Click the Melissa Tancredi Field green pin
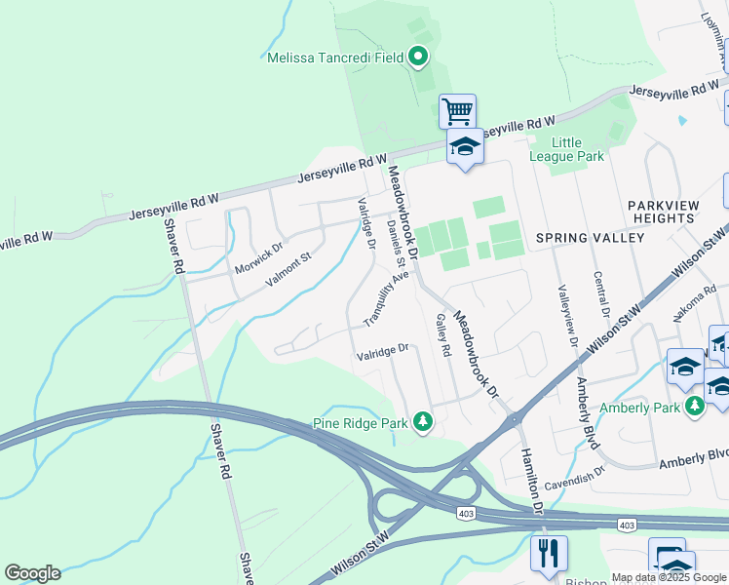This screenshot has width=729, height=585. click(418, 57)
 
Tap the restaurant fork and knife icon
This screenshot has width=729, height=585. click(548, 553)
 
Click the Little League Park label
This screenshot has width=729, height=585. click(566, 148)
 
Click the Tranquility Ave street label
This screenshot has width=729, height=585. click(386, 298)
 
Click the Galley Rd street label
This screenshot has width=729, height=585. click(443, 333)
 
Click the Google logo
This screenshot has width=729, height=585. click(32, 573)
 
